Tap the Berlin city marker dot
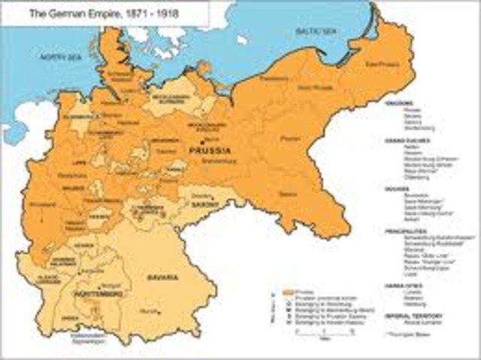[201, 141]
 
